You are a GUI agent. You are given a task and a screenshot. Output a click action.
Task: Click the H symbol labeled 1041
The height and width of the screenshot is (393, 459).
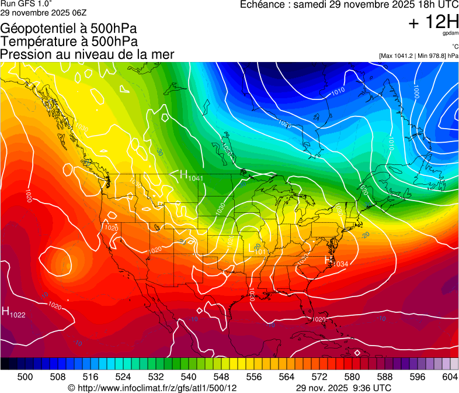pos(183,174)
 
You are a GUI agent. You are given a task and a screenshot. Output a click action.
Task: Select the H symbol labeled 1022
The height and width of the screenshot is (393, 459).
pos(5,312)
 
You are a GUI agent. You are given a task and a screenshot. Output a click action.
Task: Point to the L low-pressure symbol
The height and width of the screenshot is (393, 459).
pos(252,248)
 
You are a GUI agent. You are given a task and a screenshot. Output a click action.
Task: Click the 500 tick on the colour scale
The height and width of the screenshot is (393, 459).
pos(25,377)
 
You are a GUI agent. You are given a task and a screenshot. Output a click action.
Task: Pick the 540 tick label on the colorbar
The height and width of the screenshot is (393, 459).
pos(189,377)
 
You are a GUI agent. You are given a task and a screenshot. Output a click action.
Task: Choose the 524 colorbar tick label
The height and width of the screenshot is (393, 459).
pos(123,377)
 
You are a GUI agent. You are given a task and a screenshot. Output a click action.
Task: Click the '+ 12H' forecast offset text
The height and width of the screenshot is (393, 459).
pos(433,23)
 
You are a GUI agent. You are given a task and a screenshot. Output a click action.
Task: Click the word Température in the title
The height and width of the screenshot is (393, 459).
pos(36,42)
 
